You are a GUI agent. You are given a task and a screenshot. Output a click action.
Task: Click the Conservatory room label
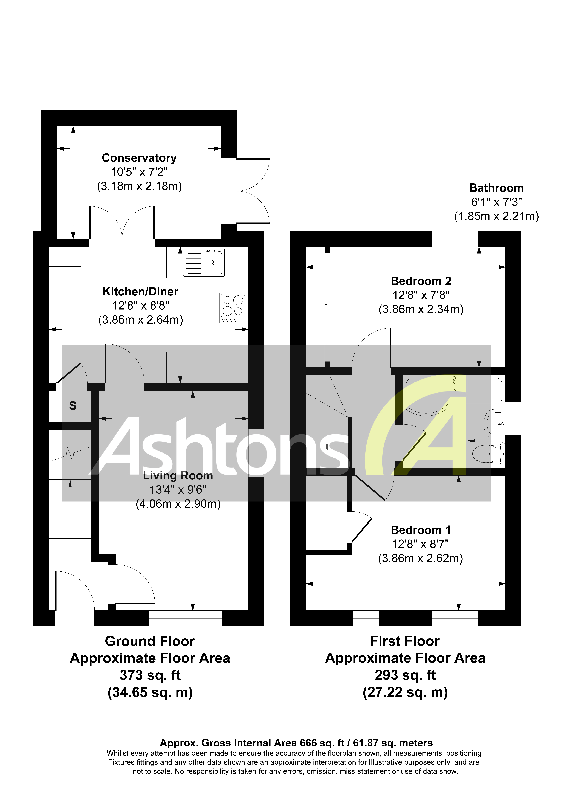(139, 158)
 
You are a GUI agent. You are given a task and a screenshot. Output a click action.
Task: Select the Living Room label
(178, 476)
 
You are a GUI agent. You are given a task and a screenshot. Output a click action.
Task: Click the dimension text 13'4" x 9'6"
(178, 490)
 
